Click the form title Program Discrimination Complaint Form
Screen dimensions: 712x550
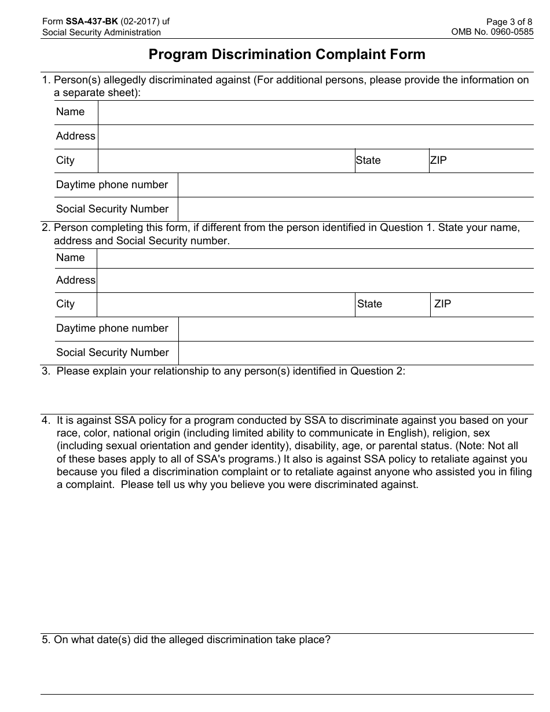[x=287, y=54]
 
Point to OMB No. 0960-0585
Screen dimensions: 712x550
[x=492, y=32]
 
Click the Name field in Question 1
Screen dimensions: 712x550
[x=316, y=112]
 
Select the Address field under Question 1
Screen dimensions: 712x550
[x=316, y=137]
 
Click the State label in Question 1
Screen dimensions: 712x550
[x=368, y=160]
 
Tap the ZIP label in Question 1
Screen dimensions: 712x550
[x=438, y=160]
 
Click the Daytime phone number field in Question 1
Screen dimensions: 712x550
[x=355, y=185]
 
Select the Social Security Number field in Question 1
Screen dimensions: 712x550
[x=355, y=210]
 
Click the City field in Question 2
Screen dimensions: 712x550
[x=226, y=304]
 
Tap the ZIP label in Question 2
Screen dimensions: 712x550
[x=442, y=304]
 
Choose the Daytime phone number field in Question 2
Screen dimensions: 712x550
[x=355, y=329]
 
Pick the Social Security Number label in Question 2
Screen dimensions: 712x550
[x=112, y=353]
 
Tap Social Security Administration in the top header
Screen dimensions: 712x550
[x=101, y=32]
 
